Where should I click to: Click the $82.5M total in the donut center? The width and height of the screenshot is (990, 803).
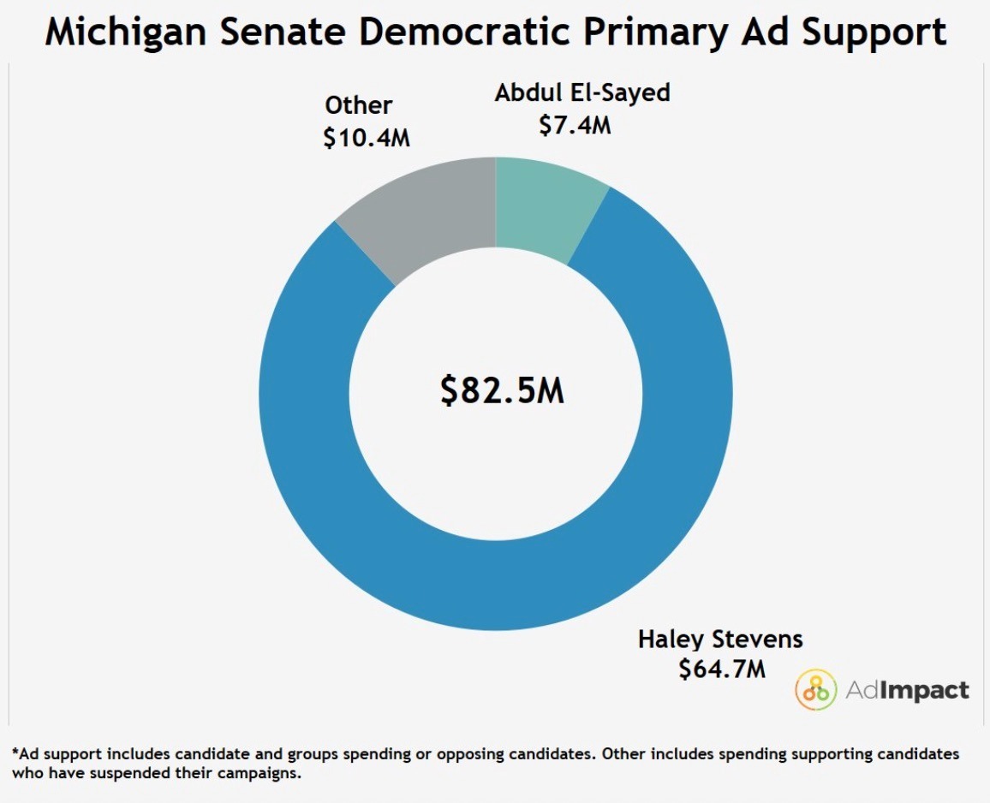tap(502, 390)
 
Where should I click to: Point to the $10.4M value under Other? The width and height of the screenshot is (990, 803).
tap(367, 137)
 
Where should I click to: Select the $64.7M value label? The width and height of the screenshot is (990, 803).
tap(722, 668)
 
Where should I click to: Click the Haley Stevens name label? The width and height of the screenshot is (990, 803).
tap(720, 639)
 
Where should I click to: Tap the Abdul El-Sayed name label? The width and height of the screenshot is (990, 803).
tap(582, 92)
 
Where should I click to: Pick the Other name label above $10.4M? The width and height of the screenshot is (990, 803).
tap(358, 104)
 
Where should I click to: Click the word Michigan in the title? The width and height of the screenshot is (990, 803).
tap(126, 33)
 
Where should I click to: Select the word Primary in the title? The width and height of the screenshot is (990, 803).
tap(655, 33)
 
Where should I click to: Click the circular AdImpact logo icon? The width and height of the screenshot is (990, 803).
tap(816, 689)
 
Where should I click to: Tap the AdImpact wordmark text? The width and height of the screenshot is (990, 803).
tap(907, 690)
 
